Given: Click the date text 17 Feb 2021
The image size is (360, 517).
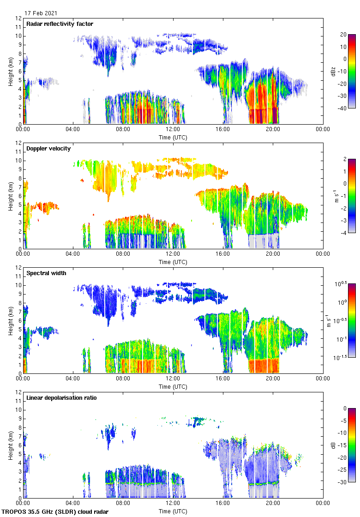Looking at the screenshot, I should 41,13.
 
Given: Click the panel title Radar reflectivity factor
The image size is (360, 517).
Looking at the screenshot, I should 60,24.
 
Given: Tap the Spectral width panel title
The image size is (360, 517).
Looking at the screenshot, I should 46,273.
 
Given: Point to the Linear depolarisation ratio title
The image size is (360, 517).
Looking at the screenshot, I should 61,398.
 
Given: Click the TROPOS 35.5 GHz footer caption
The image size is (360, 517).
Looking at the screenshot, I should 56,512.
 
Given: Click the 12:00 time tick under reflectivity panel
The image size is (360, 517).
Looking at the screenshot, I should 173,130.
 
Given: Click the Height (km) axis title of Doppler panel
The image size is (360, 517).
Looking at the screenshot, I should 10,196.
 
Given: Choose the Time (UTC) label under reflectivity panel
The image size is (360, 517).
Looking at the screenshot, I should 173,138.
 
